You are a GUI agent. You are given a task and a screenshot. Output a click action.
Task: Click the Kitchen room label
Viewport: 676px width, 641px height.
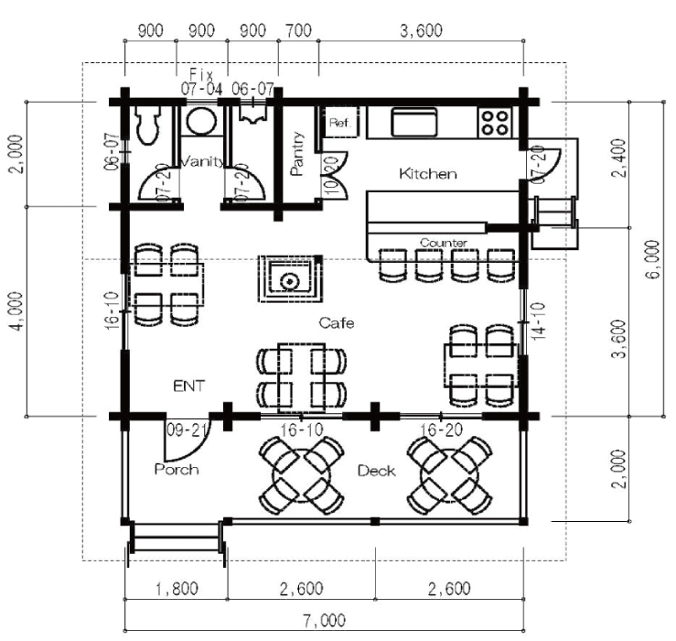pos(428,173)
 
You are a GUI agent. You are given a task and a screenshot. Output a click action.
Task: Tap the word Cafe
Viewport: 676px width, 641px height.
pos(337,322)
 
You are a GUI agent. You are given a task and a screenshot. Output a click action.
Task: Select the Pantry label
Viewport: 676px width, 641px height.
pos(297,154)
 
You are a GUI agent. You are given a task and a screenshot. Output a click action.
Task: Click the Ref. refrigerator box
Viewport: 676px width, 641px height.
pos(340,122)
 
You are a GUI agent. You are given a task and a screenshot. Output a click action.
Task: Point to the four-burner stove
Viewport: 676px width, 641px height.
pos(495,123)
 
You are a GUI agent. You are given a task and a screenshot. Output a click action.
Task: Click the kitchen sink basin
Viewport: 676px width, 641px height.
pos(413,122)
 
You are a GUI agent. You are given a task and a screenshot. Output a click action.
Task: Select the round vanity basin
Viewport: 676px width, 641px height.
pos(202,121)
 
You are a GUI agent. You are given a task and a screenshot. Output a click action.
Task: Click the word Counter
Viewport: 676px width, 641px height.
pos(443,243)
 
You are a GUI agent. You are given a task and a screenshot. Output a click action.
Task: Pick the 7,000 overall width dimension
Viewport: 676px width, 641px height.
pos(325,620)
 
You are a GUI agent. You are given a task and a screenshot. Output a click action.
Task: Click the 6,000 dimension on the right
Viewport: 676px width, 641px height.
pos(653,259)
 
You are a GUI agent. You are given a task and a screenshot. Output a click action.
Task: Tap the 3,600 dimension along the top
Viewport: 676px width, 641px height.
pos(421,30)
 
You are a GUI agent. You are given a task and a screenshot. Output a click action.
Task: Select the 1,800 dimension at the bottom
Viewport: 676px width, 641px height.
pos(177,588)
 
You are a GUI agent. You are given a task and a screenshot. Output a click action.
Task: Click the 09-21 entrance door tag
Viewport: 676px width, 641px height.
pos(188,429)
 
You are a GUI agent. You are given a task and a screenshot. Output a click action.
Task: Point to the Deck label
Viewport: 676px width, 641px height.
pos(376,471)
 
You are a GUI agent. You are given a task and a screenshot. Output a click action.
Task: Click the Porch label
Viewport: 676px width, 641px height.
pos(177,469)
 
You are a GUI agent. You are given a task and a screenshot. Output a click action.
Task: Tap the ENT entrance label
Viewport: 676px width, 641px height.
pos(188,386)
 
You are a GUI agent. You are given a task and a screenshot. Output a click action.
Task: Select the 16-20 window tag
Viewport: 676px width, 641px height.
pos(442,429)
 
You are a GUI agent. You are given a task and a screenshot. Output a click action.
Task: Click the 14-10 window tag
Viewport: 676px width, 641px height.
pos(538,320)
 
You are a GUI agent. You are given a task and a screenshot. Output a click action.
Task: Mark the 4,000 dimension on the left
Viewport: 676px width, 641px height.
pos(16,311)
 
